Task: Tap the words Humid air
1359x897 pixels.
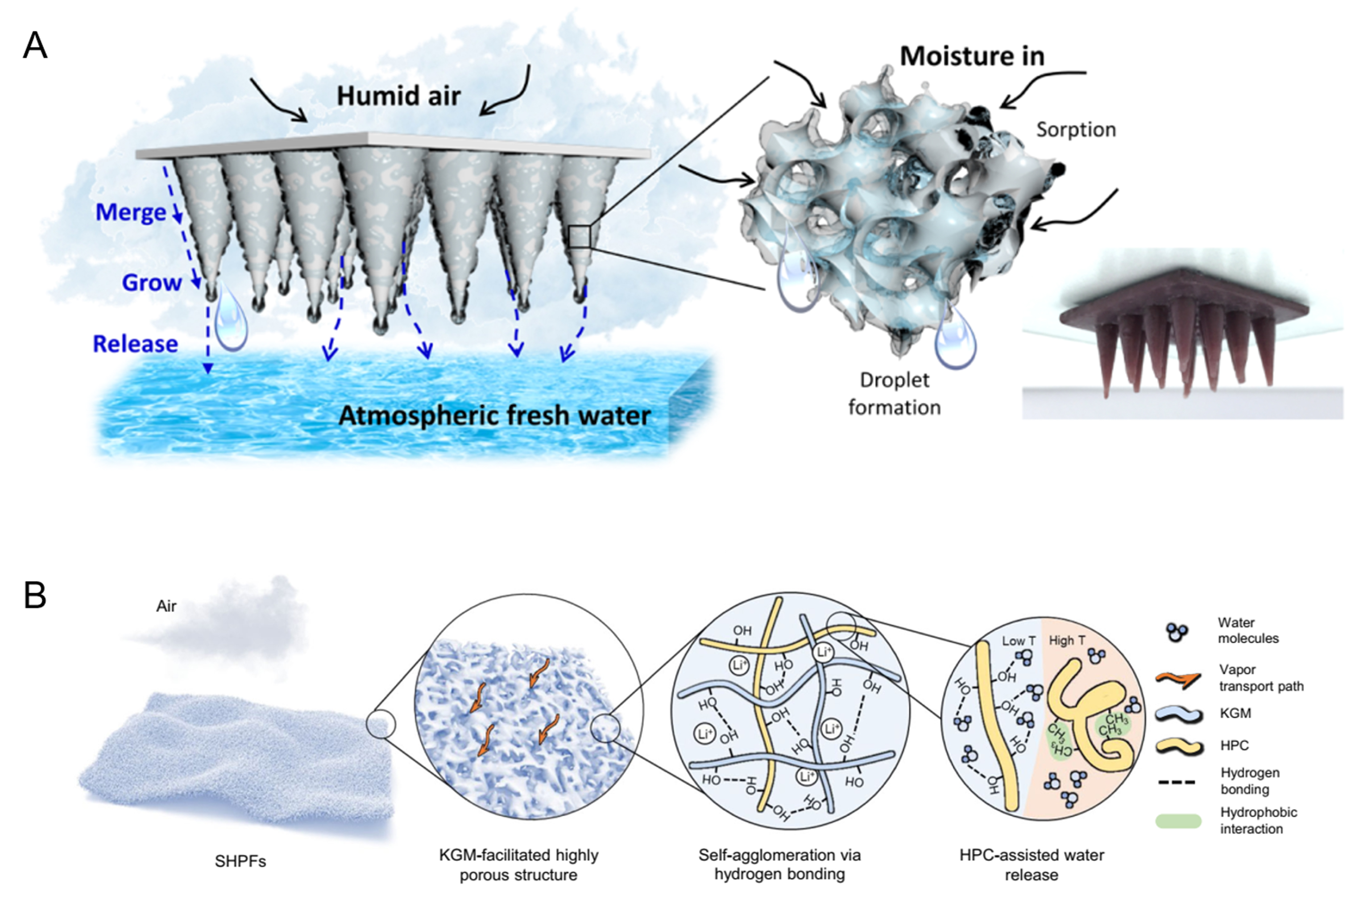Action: coord(398,95)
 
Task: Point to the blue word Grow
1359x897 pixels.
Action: coord(152,282)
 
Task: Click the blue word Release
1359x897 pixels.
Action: coord(135,344)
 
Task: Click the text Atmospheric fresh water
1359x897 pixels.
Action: coord(494,415)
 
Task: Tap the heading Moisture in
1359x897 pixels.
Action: coord(972,56)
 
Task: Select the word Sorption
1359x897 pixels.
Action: coord(1076,129)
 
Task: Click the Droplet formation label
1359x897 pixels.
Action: coord(895,393)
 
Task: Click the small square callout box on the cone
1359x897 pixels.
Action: coord(579,237)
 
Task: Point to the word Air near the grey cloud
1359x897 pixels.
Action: coord(166,606)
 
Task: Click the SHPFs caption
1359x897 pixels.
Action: coord(240,860)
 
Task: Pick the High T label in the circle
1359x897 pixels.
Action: coord(1067,641)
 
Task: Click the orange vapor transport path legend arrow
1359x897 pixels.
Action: coord(1177,678)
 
